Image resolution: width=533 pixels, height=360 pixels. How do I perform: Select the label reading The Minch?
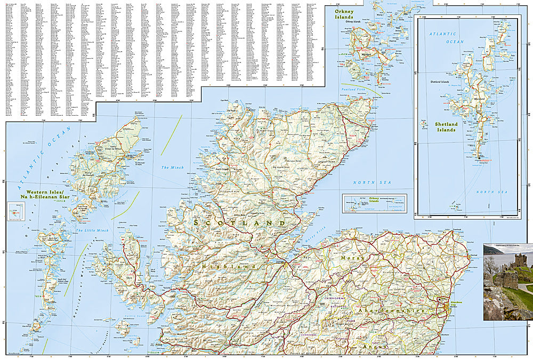click(x=172, y=167)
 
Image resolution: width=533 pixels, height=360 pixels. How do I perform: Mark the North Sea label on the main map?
click(x=367, y=182)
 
